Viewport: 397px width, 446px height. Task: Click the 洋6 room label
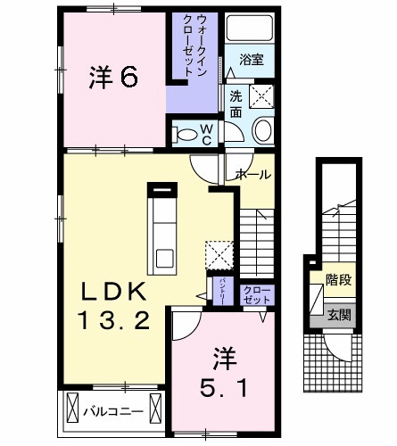112,78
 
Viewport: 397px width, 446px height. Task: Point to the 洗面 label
236,105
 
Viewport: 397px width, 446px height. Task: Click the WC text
205,134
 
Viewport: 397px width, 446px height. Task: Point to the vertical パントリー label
222,292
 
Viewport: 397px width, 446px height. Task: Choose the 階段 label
337,280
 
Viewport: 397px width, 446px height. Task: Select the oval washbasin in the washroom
265,132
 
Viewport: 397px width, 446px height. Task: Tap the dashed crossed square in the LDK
218,253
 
